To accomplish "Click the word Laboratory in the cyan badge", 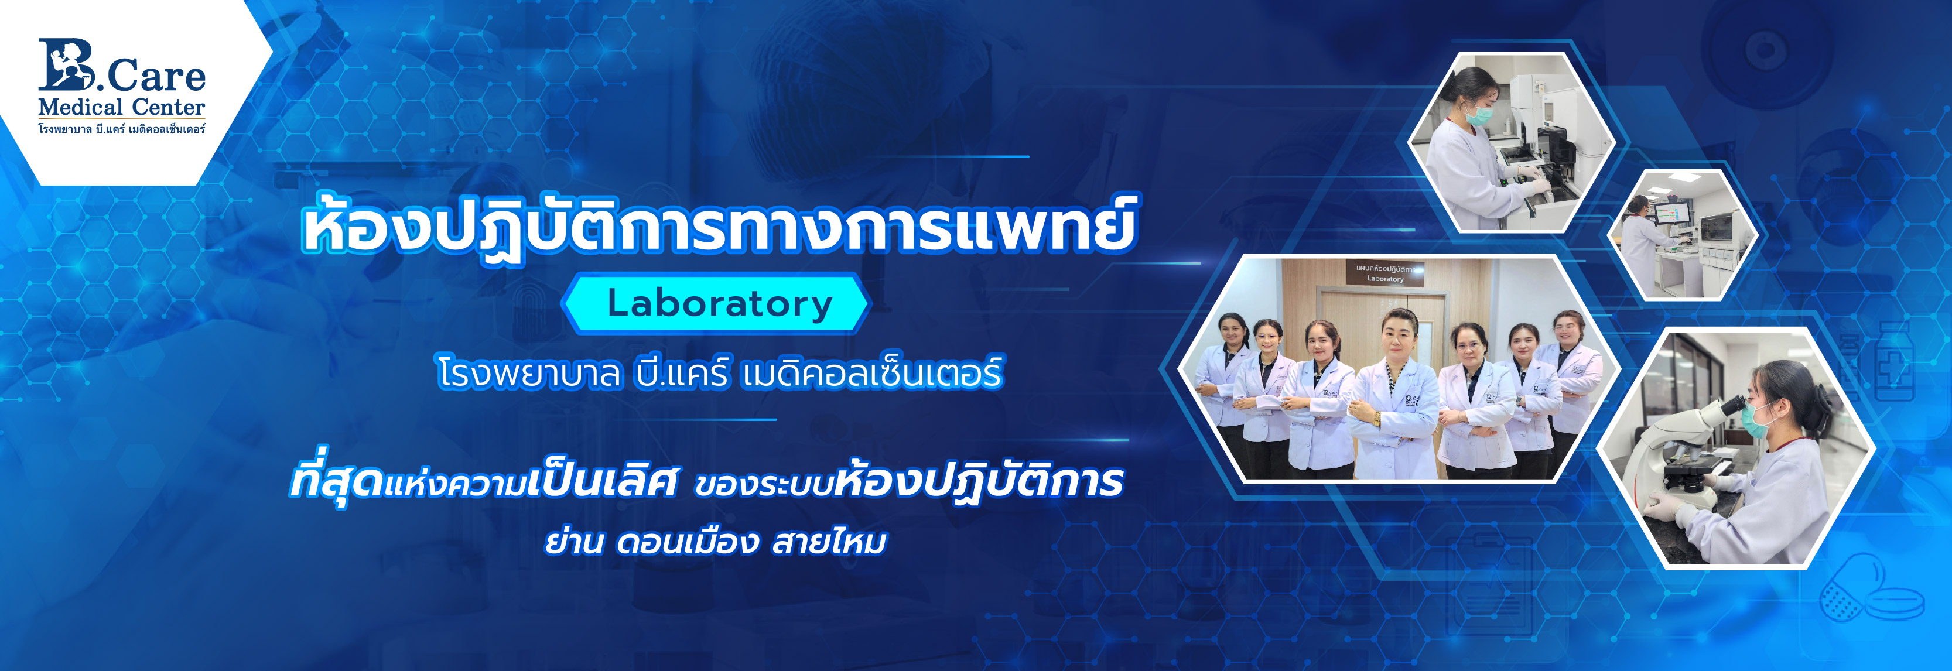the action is point(720,304).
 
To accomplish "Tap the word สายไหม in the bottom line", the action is point(829,542).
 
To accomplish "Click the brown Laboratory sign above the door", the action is point(1384,273).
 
